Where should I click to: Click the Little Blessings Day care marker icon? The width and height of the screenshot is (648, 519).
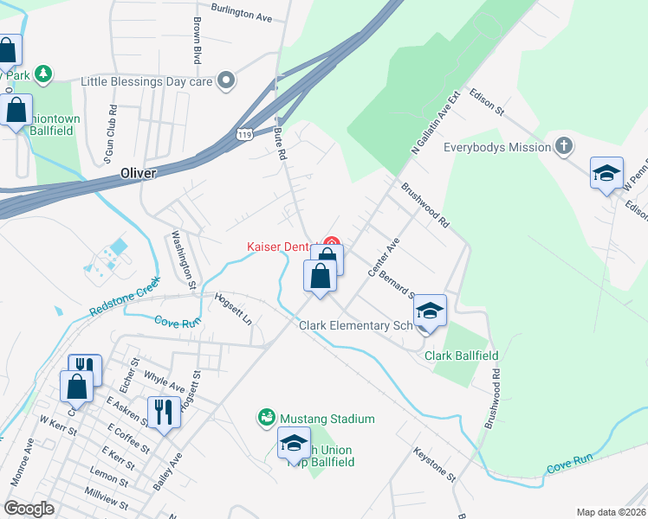(227, 81)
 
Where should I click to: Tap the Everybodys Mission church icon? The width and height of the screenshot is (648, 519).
(564, 146)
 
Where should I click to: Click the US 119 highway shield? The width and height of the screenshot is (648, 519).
(246, 134)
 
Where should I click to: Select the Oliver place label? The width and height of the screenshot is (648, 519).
(139, 173)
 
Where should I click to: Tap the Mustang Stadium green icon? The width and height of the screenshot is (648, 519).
(267, 419)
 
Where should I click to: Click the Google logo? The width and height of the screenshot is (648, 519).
(29, 508)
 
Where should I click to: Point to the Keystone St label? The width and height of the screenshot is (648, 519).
(434, 464)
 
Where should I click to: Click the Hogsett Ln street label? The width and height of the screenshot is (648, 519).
(233, 308)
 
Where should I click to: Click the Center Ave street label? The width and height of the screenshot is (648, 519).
(382, 257)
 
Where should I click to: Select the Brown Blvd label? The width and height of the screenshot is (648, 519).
(198, 41)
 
